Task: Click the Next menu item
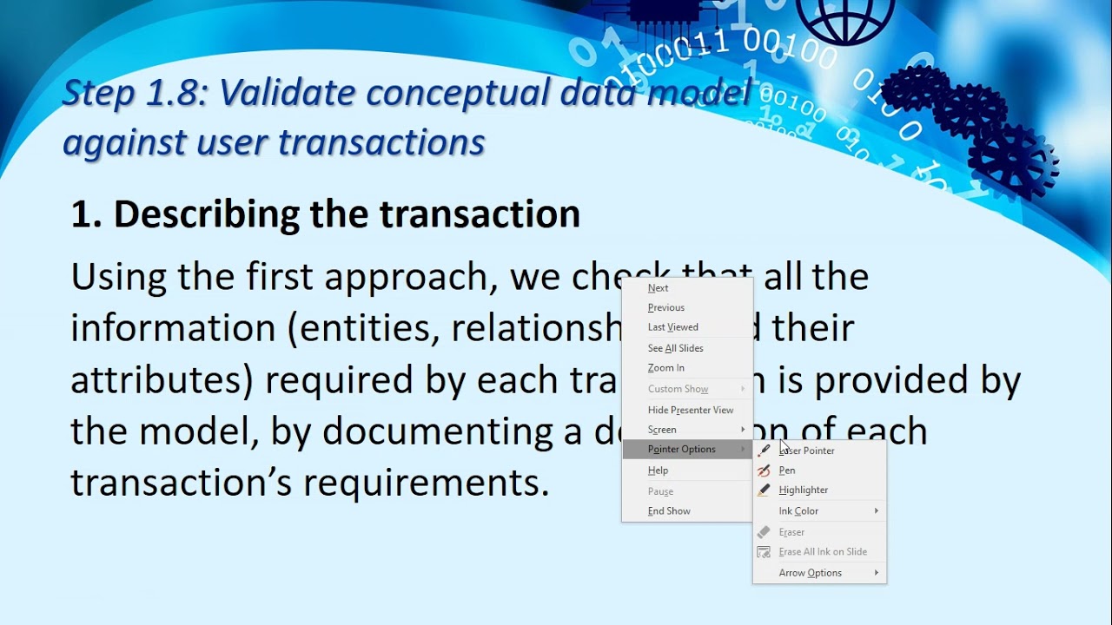click(659, 288)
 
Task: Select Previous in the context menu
click(666, 308)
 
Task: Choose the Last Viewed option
click(673, 327)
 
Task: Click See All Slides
click(676, 348)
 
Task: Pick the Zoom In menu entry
click(666, 368)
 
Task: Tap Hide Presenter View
click(691, 410)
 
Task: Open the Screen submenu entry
click(662, 430)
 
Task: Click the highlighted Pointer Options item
click(682, 450)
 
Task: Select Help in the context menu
click(659, 470)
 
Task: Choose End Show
click(669, 511)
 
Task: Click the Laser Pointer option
click(807, 451)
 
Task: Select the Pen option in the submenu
click(787, 470)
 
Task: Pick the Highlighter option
click(804, 490)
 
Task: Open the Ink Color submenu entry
click(799, 511)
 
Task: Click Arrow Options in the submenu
click(811, 573)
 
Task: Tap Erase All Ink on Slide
click(823, 552)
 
